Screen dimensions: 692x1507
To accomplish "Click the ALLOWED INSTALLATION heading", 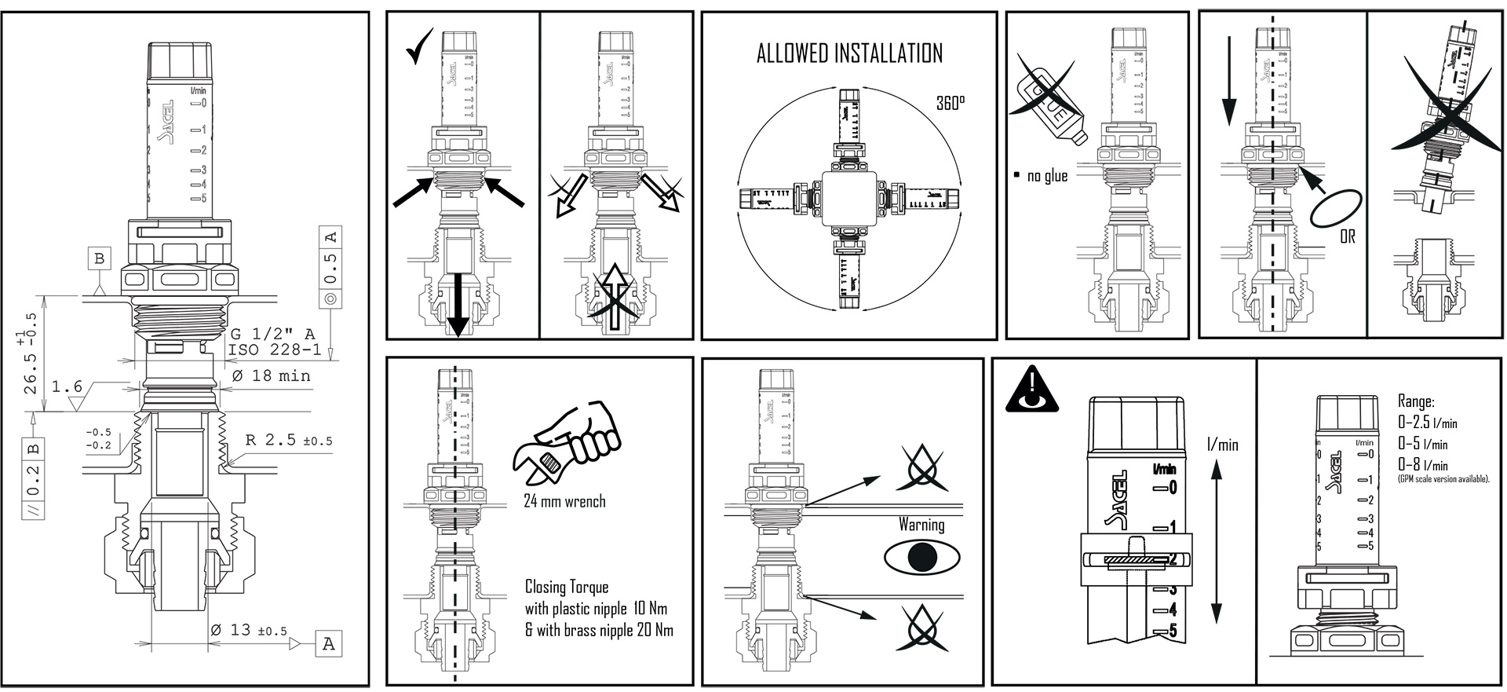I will tap(849, 53).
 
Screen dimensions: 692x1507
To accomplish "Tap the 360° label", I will tap(951, 104).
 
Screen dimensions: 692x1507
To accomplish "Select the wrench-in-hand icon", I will tap(565, 448).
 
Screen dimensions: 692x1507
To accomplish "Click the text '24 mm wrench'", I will tap(564, 501).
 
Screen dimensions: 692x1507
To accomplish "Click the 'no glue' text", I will tap(1047, 176).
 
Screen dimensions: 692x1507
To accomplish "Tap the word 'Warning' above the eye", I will tap(921, 524).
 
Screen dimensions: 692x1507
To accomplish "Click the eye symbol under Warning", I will tap(921, 557).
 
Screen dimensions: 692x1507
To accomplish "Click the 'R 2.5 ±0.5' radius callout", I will tap(288, 441).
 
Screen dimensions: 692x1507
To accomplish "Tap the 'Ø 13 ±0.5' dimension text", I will tap(249, 631).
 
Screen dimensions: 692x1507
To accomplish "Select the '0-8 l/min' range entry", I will tap(1423, 464).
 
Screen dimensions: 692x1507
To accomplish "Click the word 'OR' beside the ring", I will tap(1347, 236).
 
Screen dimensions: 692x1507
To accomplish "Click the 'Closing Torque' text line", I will tap(567, 588).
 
